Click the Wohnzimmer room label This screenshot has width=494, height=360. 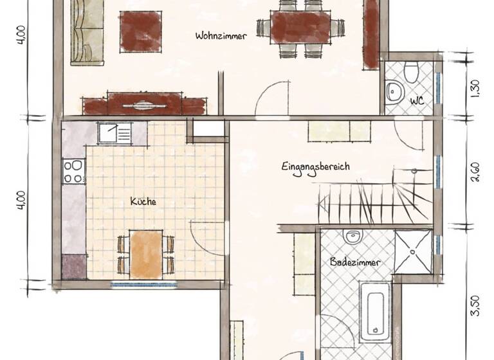click(221, 37)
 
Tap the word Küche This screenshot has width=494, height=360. click(143, 201)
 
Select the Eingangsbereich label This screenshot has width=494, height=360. click(315, 166)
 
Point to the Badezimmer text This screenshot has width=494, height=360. click(355, 262)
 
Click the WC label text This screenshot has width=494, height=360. click(417, 100)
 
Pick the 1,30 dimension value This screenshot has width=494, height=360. click(475, 87)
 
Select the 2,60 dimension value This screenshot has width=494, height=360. click(475, 172)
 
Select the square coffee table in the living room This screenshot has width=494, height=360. click(140, 32)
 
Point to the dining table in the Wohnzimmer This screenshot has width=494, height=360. click(300, 28)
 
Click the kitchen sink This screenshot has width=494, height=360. click(114, 133)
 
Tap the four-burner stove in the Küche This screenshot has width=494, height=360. click(73, 172)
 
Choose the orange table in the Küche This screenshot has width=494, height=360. click(146, 255)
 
